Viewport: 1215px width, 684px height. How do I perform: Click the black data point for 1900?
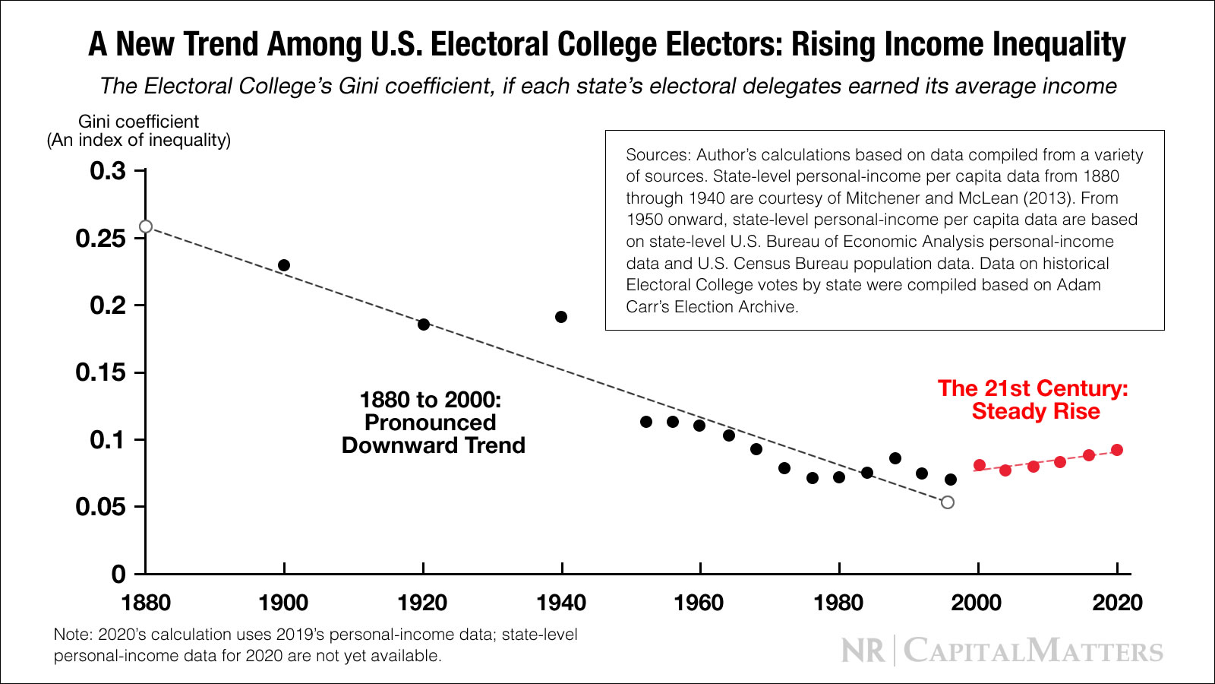coord(284,265)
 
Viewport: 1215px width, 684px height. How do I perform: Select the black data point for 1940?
coord(561,317)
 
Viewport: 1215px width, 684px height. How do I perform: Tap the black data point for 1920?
coord(424,325)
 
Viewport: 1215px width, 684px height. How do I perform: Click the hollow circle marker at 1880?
coord(146,226)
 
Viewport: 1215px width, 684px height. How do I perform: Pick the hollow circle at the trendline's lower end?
coord(948,502)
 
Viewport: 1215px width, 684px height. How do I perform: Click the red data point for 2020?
coord(1117,450)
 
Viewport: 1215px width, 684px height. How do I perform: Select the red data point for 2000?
coord(980,465)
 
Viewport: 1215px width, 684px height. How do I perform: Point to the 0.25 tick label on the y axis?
coord(100,239)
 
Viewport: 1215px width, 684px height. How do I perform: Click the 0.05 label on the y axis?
coord(100,507)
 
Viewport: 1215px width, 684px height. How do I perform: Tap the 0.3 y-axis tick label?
coord(108,171)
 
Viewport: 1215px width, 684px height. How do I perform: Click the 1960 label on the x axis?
coord(699,603)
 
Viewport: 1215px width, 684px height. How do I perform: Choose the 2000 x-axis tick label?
coord(977,603)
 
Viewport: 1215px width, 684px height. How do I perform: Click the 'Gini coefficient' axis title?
coord(138,122)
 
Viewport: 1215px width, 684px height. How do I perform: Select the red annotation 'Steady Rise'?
coord(1036,412)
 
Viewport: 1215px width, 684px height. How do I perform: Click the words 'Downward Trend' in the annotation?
coord(433,445)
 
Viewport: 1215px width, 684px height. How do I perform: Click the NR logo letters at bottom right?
coord(863,651)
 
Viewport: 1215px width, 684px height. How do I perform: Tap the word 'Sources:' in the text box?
coord(658,155)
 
